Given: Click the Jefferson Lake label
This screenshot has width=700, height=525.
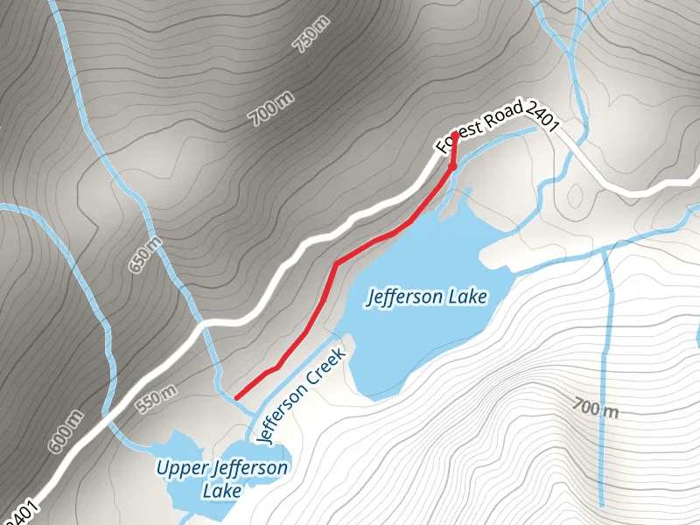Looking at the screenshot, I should point(426,297).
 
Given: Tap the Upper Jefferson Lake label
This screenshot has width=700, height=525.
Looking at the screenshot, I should point(222,479).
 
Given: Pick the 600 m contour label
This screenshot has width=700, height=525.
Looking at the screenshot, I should point(65,432).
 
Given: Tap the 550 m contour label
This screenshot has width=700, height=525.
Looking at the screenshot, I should point(157,398).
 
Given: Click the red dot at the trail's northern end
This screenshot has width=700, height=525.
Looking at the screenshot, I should point(454,134).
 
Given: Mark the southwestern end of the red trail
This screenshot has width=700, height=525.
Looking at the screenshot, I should point(236,397).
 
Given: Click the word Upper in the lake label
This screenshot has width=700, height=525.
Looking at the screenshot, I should point(183,467).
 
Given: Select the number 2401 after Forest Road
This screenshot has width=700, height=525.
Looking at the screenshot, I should point(542,118).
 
